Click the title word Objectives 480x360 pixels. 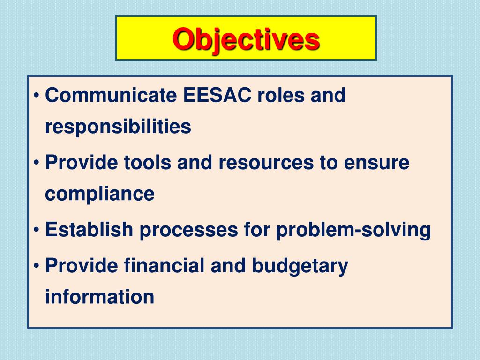click(246, 39)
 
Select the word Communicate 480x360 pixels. click(111, 96)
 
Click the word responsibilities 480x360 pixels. click(118, 127)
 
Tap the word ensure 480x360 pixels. click(377, 163)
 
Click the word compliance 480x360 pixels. click(99, 194)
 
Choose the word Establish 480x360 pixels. click(89, 230)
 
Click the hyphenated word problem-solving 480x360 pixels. click(353, 230)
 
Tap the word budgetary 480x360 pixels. click(300, 266)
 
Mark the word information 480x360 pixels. click(99, 297)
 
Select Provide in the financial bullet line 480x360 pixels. click(82, 266)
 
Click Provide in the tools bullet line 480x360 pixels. click(82, 163)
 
